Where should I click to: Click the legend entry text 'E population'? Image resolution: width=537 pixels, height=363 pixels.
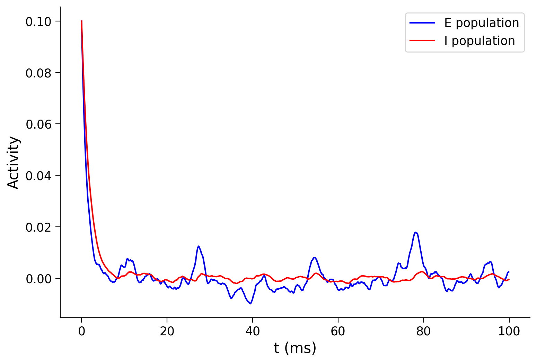[482, 23]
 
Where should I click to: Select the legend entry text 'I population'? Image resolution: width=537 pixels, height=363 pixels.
[479, 41]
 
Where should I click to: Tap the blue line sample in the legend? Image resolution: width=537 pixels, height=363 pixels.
[422, 23]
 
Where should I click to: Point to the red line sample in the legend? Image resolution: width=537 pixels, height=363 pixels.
[422, 41]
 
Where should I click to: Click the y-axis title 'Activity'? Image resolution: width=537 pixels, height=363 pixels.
[14, 162]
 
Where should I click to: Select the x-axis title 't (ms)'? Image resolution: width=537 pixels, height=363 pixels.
[295, 348]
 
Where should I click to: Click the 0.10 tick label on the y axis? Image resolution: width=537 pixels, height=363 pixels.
[38, 22]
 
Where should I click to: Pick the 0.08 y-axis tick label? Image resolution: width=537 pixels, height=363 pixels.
[38, 73]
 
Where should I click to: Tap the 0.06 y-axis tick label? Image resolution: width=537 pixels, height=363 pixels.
[38, 124]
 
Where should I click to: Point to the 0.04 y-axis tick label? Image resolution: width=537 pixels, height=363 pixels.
[38, 176]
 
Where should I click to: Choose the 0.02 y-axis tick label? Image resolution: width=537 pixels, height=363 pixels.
[38, 227]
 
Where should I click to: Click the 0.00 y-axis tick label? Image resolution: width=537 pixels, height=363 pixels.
[38, 279]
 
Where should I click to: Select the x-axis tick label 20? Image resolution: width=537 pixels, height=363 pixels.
[167, 332]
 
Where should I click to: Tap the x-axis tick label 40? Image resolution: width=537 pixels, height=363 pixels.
[253, 332]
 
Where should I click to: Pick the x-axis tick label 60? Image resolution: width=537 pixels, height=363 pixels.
[338, 332]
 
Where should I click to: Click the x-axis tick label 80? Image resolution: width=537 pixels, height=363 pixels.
[423, 332]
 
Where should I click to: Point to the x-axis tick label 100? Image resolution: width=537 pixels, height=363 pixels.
[509, 332]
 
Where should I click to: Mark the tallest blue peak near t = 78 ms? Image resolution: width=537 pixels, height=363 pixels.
[415, 232]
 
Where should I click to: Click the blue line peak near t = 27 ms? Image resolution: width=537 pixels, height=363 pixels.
[199, 246]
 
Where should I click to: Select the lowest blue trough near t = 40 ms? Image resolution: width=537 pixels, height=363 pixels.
[250, 304]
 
